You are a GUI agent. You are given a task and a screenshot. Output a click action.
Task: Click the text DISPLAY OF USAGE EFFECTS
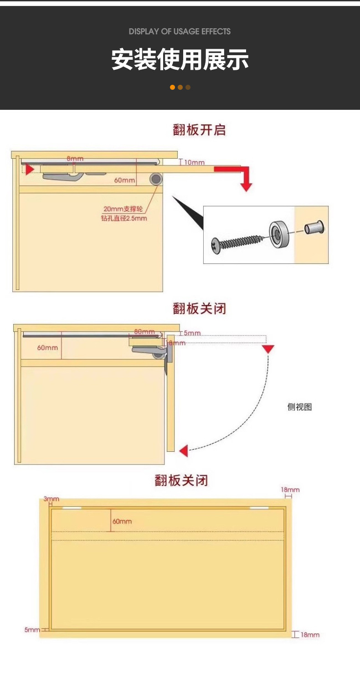pos(180,31)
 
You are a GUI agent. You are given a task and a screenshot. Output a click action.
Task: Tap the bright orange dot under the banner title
pos(173,87)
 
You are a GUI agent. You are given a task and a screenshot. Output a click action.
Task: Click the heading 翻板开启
pos(199,130)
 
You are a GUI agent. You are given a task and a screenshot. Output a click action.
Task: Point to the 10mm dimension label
pos(195,162)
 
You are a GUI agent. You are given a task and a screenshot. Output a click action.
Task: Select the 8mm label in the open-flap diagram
pos(75,158)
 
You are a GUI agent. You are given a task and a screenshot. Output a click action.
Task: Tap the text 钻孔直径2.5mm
pos(124,218)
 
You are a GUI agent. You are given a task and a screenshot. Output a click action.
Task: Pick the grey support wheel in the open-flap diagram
pos(156,179)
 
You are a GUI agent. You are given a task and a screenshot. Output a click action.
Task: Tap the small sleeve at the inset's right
pos(314,227)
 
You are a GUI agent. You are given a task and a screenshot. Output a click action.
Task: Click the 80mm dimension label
pos(144,331)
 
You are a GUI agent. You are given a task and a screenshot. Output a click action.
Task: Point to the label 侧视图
pos(299,407)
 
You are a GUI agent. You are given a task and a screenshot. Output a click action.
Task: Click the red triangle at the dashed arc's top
pos(268,349)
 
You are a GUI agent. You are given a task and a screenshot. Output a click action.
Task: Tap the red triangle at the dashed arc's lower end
pos(184,451)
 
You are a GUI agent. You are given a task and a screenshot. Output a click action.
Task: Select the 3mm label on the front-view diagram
pos(51,499)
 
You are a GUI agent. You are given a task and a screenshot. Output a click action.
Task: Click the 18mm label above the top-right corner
pos(290,490)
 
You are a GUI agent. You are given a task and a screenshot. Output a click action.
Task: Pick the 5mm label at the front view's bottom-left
pos(32,630)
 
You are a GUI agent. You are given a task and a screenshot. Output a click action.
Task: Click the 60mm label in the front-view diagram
pos(122,521)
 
